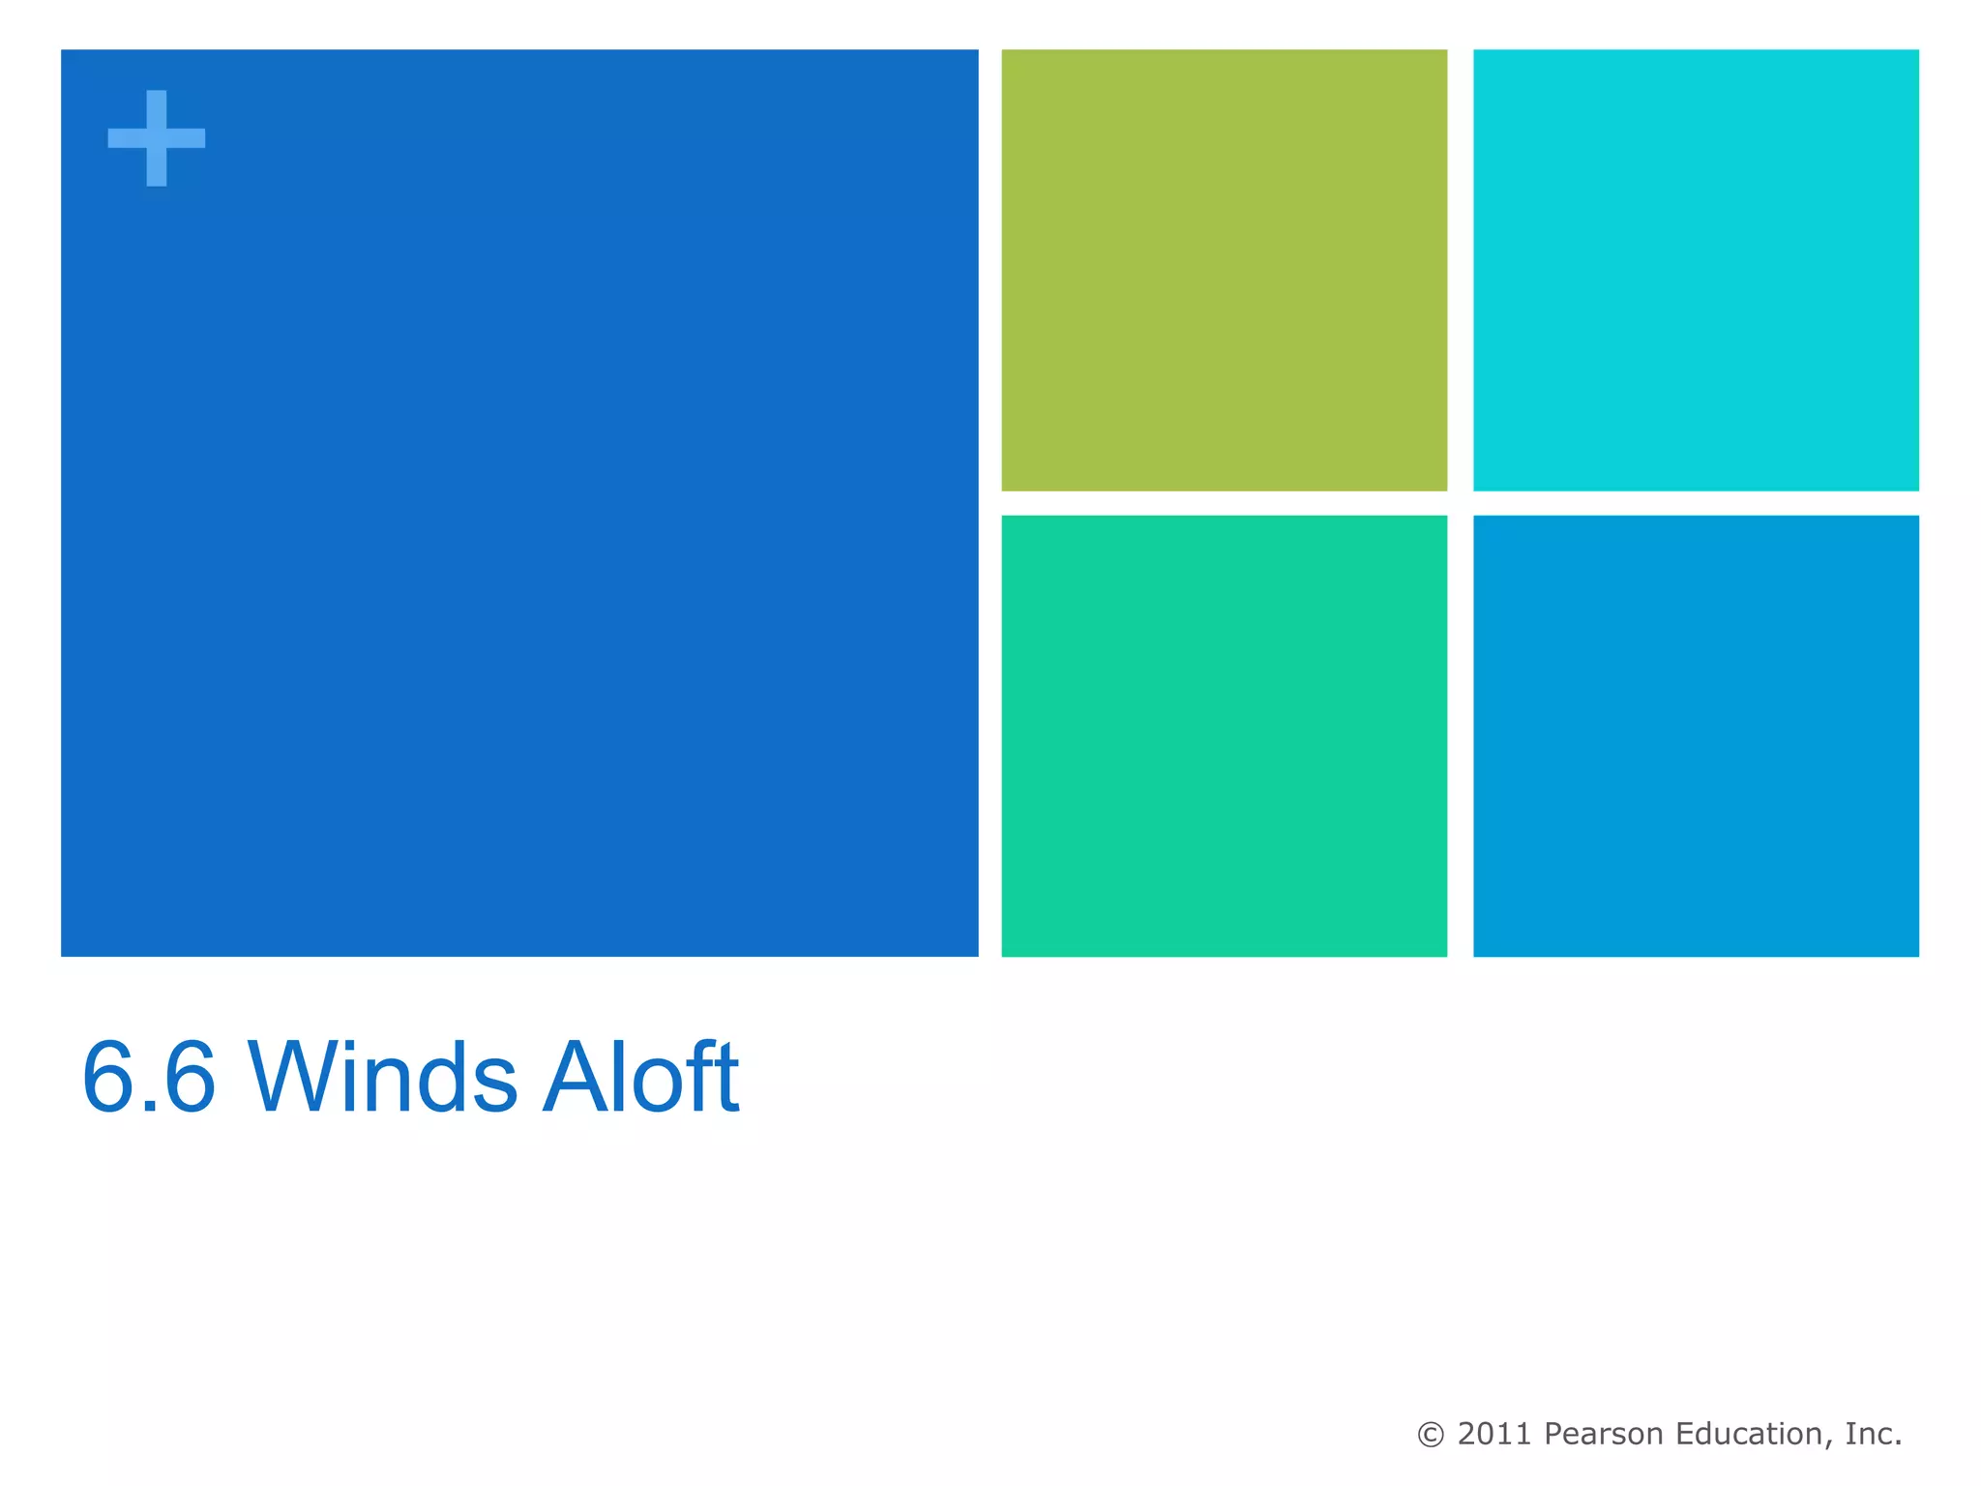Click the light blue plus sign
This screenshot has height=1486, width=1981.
click(156, 138)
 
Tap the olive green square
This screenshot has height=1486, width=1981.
click(1224, 270)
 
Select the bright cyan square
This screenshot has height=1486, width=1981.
click(1695, 270)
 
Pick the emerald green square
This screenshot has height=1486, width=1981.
click(1224, 735)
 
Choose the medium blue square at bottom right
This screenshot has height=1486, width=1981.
click(1695, 735)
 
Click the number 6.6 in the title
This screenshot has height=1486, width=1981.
click(149, 1078)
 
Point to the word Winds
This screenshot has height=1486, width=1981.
click(383, 1078)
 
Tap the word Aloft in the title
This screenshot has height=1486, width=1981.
click(640, 1078)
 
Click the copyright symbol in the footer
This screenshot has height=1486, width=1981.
click(1431, 1435)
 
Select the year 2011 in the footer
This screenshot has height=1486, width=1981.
click(1494, 1434)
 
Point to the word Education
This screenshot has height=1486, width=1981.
click(1751, 1434)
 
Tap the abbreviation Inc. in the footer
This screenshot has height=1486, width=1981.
click(1873, 1434)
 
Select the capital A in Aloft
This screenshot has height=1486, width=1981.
click(577, 1078)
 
